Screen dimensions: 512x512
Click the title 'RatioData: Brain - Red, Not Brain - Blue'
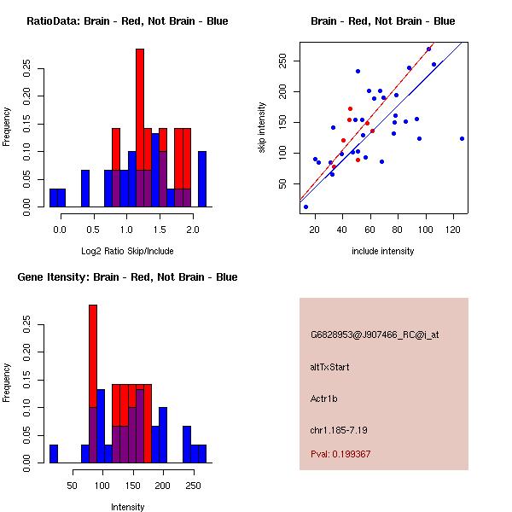click(127, 21)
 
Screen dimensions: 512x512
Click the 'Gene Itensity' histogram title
click(127, 277)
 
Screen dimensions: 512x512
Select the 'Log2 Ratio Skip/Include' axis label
click(127, 251)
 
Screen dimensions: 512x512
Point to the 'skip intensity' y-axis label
click(262, 128)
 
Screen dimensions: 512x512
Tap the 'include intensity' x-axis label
click(383, 251)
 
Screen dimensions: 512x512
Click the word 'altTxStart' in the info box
click(330, 367)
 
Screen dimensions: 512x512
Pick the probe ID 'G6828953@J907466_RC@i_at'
click(375, 335)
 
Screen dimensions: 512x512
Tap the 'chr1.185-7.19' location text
click(339, 429)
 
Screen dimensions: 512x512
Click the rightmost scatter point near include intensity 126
click(462, 138)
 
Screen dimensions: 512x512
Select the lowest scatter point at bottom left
click(305, 207)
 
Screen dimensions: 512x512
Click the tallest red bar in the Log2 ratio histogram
click(140, 127)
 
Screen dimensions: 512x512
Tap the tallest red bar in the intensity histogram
click(93, 383)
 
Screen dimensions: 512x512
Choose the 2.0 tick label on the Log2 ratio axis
click(192, 230)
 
